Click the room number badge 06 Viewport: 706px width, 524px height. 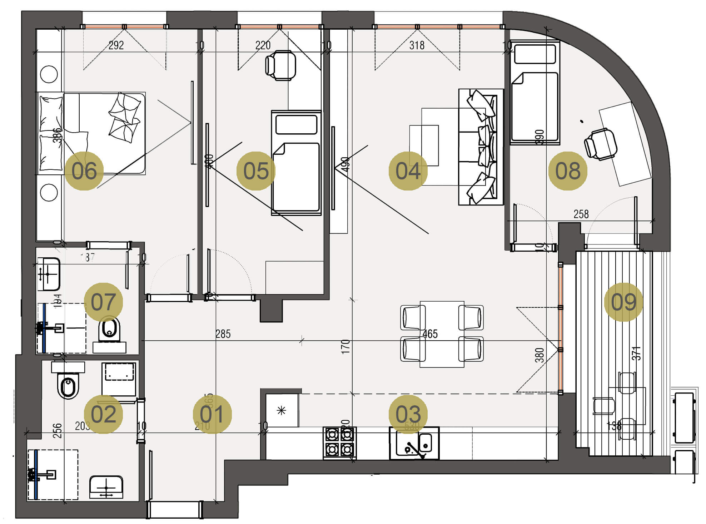84,170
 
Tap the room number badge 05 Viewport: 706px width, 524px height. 256,170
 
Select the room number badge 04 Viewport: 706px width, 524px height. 408,170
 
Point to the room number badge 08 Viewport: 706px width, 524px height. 568,170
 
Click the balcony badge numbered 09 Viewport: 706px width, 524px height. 623,302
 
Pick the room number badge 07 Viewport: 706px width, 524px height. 103,302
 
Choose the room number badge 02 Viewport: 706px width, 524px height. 103,414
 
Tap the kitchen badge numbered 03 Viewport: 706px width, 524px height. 408,414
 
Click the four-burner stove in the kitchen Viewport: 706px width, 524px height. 339,443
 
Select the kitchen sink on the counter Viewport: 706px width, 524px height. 414,443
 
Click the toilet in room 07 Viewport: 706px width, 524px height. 109,330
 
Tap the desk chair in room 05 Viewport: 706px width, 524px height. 281,65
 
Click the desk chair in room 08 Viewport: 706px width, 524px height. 601,144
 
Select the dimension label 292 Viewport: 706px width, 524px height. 116,45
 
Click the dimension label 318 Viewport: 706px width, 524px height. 417,45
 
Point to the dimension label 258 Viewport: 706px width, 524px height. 581,214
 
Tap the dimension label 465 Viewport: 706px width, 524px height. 430,334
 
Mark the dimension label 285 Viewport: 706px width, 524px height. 223,334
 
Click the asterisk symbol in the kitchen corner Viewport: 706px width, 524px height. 282,410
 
